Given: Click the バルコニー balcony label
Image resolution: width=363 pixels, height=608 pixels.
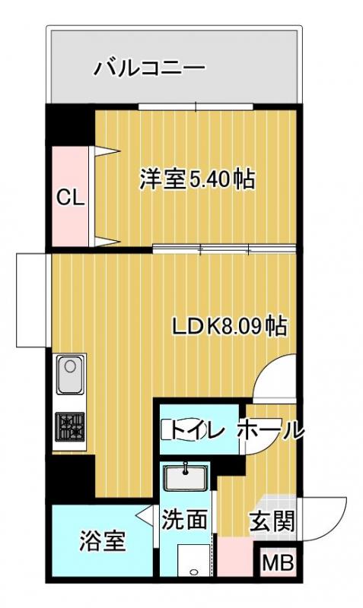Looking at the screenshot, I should [149, 70].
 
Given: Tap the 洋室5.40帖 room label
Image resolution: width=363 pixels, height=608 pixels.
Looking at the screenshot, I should [196, 180].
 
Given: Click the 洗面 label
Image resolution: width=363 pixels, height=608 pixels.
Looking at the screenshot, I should [184, 521].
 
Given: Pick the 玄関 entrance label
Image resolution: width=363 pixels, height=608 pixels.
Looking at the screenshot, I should [272, 522].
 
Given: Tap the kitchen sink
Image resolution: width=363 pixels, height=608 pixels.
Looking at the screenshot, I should [70, 375].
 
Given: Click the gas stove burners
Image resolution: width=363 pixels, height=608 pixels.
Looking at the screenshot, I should [70, 426].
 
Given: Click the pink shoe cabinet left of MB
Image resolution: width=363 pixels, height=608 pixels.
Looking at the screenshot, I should [236, 559].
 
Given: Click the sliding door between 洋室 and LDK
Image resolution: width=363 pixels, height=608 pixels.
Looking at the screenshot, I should [223, 249].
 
